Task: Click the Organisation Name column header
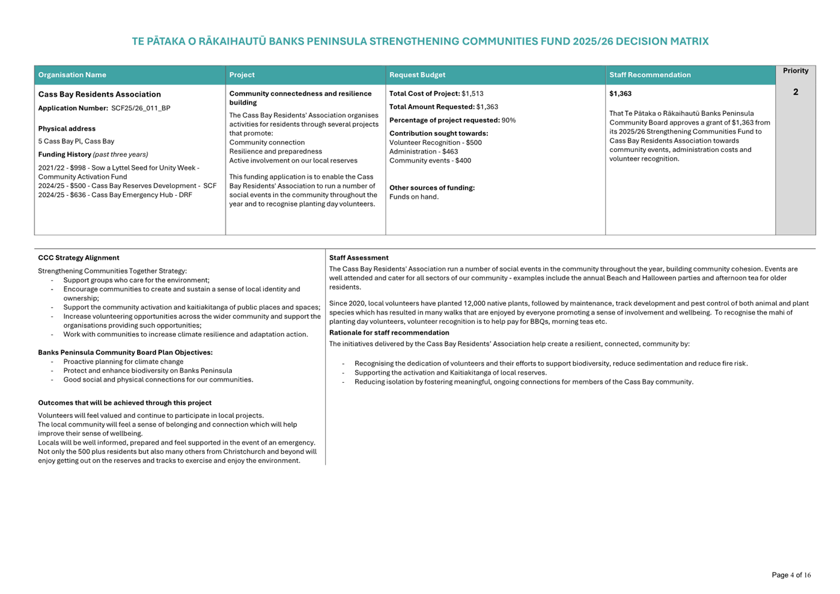click(x=72, y=75)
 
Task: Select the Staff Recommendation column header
click(x=650, y=75)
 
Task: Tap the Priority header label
click(x=795, y=71)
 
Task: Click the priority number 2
click(x=796, y=92)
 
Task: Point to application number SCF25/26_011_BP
click(x=141, y=108)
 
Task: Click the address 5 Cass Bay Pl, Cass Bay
click(x=76, y=141)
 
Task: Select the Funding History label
click(x=64, y=154)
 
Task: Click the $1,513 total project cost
click(x=472, y=94)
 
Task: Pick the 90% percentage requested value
click(x=508, y=120)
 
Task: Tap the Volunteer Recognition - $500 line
click(x=435, y=143)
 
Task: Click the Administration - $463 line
click(x=423, y=152)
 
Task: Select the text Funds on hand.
click(x=413, y=197)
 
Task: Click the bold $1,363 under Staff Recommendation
click(x=620, y=94)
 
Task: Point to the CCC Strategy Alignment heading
click(x=78, y=258)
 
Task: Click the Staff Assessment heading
click(x=358, y=258)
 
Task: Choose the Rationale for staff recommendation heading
click(x=389, y=333)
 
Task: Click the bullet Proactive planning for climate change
click(x=123, y=362)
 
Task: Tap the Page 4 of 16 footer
click(x=791, y=575)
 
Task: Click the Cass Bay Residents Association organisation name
click(x=99, y=94)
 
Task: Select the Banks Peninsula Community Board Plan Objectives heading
click(x=125, y=353)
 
